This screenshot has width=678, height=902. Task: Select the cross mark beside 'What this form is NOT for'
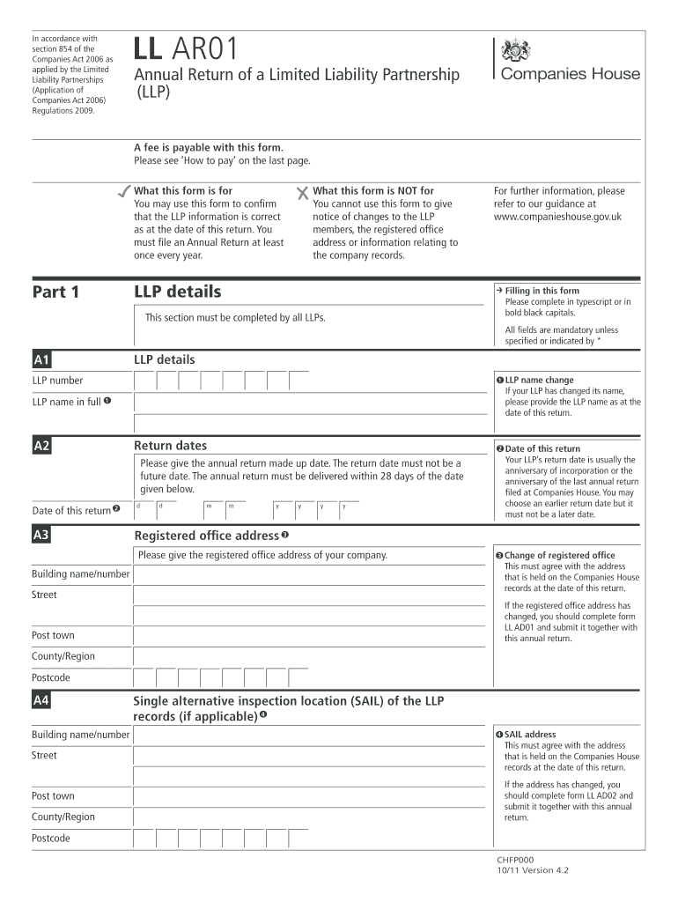coord(302,191)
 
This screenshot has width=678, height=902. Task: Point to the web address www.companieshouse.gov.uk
coord(557,216)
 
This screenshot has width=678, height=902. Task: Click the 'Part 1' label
coord(55,292)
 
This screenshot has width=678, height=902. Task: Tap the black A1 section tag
coord(41,359)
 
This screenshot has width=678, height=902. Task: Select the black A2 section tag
coord(41,447)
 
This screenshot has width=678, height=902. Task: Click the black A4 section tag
coord(41,701)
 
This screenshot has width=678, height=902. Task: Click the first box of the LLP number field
coord(144,381)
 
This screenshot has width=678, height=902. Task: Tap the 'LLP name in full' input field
coord(308,403)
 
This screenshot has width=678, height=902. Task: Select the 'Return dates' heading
coord(170,446)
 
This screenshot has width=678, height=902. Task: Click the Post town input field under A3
coord(308,636)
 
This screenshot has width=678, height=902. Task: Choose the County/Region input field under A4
coord(308,817)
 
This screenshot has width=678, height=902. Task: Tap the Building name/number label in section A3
coord(80,574)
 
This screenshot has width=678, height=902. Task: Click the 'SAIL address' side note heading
coord(529,734)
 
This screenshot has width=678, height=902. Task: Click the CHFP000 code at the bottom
coord(515,860)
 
